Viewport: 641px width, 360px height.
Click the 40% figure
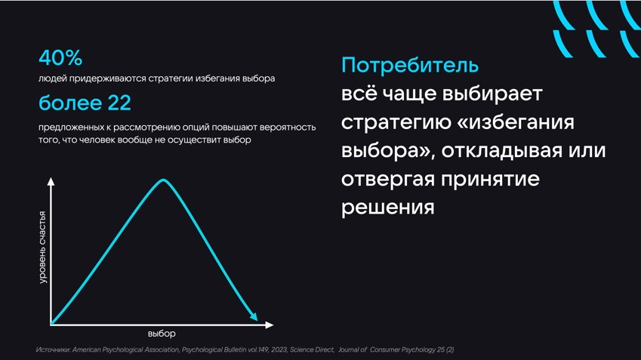(x=60, y=57)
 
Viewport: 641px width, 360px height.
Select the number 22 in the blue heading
(x=119, y=103)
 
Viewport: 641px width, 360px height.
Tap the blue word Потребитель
(x=410, y=66)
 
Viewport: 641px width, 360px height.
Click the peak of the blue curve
(x=163, y=180)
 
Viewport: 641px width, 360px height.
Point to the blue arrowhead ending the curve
(x=254, y=317)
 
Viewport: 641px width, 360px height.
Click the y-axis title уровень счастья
(x=42, y=248)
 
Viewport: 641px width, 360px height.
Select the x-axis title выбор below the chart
(x=162, y=334)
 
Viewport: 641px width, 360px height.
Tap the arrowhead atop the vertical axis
(x=51, y=181)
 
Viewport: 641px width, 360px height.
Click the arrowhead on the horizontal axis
(x=269, y=325)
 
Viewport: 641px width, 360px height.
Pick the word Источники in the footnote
(x=53, y=349)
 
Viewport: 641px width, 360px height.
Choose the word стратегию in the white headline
(x=396, y=122)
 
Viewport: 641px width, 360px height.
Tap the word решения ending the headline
(x=387, y=208)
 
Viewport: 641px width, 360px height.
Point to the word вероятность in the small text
(x=288, y=128)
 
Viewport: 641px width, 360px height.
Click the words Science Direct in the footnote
(x=312, y=349)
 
